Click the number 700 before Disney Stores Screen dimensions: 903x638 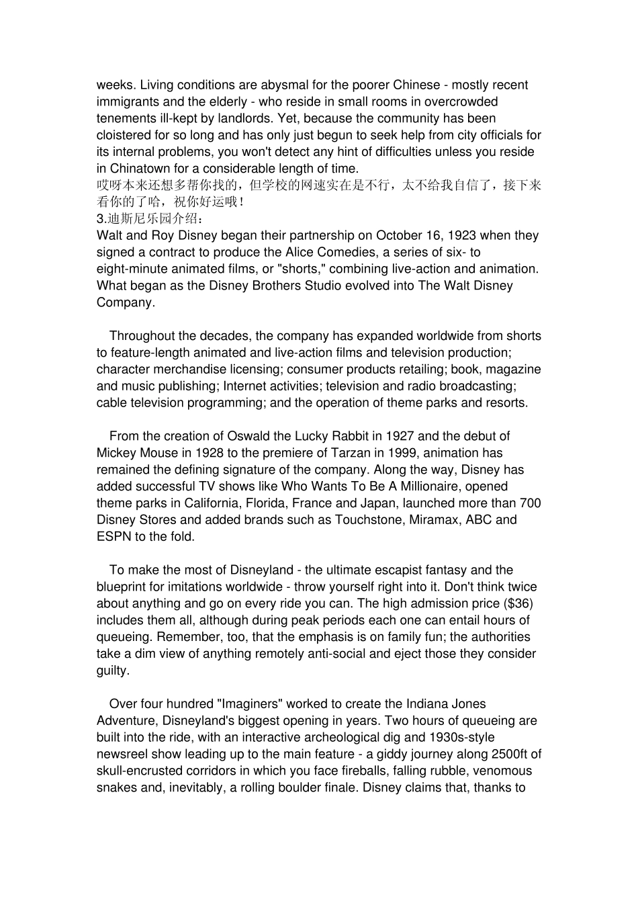531,503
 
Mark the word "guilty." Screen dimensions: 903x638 112,671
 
